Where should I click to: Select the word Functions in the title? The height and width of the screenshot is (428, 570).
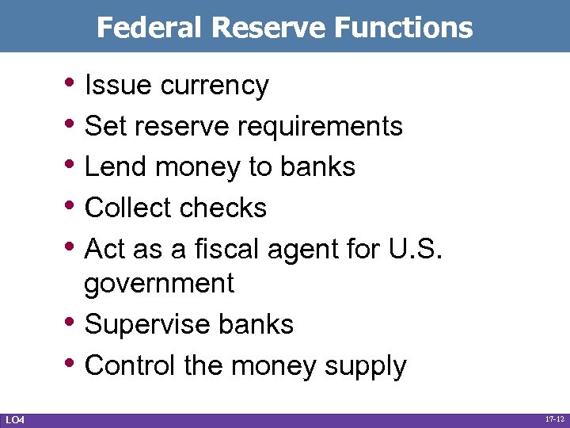point(404,28)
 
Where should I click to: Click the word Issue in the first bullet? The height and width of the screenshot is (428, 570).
point(118,85)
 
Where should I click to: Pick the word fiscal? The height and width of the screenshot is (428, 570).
point(222,248)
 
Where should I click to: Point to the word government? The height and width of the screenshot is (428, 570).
point(159,284)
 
